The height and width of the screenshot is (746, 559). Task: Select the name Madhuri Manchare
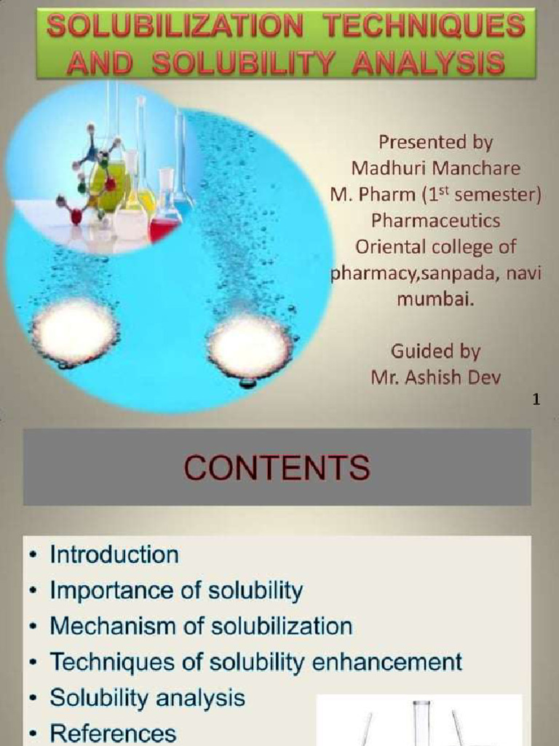click(x=436, y=168)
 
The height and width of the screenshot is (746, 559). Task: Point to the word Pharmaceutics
click(x=435, y=219)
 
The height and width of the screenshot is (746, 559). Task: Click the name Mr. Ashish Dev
click(x=435, y=377)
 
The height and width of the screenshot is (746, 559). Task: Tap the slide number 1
click(x=536, y=398)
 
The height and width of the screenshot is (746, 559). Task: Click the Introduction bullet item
click(x=114, y=554)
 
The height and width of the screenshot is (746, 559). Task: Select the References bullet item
click(x=113, y=733)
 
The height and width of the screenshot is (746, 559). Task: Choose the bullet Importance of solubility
click(x=175, y=590)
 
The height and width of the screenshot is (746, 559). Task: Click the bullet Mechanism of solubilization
click(x=201, y=626)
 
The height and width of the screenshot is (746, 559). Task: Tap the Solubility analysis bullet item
click(x=147, y=697)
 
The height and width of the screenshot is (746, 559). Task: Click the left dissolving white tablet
click(x=76, y=331)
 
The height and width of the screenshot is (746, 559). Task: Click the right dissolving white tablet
click(x=249, y=345)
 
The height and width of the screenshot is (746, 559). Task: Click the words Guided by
click(x=435, y=351)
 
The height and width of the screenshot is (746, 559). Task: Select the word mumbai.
click(x=434, y=299)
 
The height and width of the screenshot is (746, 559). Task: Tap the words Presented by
click(x=435, y=141)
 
